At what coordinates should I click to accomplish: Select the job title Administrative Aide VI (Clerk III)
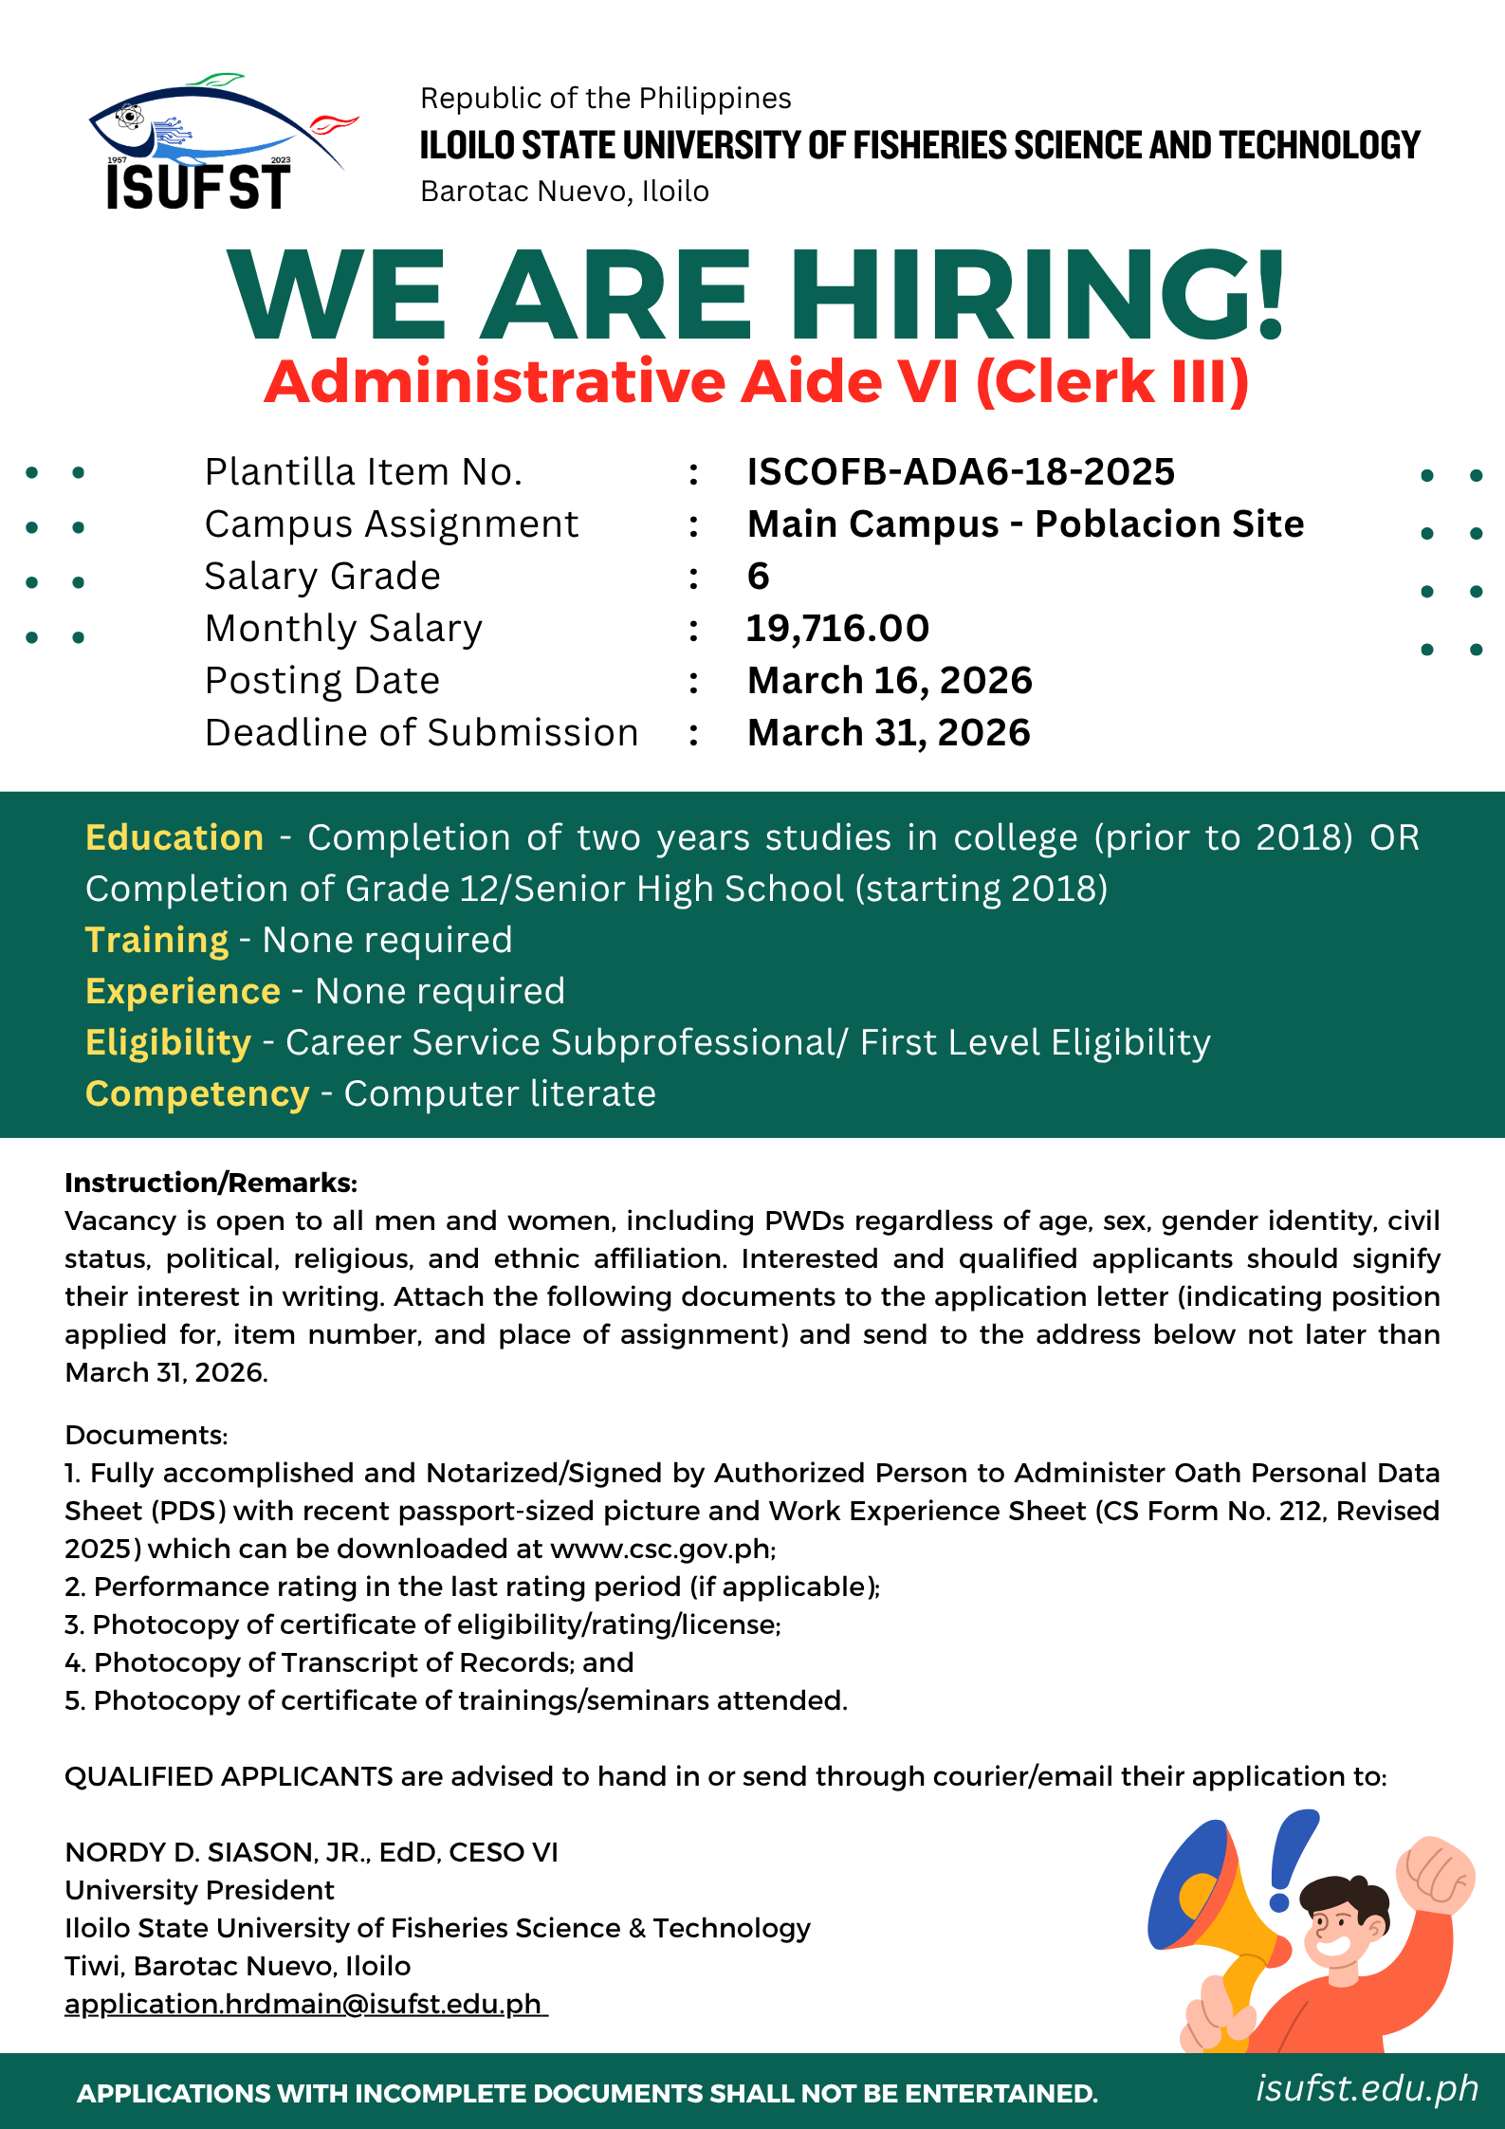pos(756,382)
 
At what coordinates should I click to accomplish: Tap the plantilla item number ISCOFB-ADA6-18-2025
pos(961,471)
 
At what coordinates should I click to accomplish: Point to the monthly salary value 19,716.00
pos(837,628)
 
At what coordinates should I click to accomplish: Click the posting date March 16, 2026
pos(889,680)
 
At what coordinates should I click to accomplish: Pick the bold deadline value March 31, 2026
pos(889,732)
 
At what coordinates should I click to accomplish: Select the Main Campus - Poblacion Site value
pos(1025,523)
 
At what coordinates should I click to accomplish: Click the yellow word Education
pos(174,837)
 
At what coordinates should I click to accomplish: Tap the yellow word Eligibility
pos(168,1042)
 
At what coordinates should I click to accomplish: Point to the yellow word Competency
pos(197,1093)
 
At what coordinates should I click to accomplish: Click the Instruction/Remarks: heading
pos(211,1183)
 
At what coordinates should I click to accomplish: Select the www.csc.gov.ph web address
pos(661,1549)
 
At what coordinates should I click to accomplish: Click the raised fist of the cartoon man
pos(1435,1873)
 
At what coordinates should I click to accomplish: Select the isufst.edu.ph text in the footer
pos(1367,2087)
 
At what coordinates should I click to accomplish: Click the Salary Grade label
pos(322,576)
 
